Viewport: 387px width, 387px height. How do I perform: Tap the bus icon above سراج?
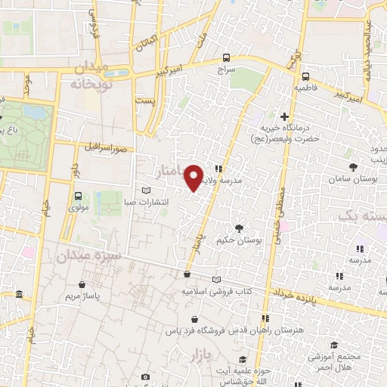tap(227, 57)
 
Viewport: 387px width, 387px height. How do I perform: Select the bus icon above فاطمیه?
tap(305, 76)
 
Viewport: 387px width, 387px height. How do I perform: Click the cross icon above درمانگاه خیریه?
tap(284, 116)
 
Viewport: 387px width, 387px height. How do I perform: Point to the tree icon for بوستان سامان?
tap(353, 167)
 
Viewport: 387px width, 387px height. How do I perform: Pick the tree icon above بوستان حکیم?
tap(239, 228)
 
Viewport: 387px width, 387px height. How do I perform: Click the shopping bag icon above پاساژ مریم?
tap(82, 285)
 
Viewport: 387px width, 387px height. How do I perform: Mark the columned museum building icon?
tap(18, 294)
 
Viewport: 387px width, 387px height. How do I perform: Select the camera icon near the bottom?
tap(146, 376)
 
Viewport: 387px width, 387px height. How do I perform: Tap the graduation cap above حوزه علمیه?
tap(242, 359)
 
